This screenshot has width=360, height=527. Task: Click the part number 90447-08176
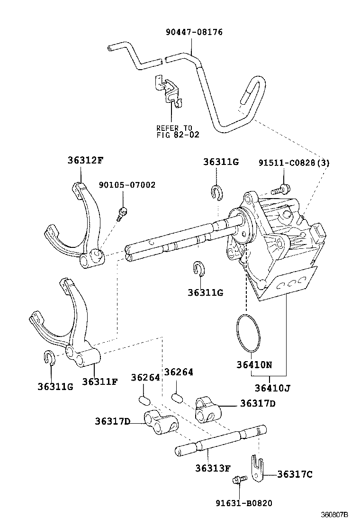pos(194,32)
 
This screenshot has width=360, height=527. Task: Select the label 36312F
pos(84,160)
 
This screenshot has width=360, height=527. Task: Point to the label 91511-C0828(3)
pos(294,163)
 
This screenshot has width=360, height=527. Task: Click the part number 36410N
pos(254,365)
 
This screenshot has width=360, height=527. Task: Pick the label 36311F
pos(99,382)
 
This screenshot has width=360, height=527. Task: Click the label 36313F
pos(213,468)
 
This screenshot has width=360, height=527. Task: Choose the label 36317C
pos(294,474)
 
